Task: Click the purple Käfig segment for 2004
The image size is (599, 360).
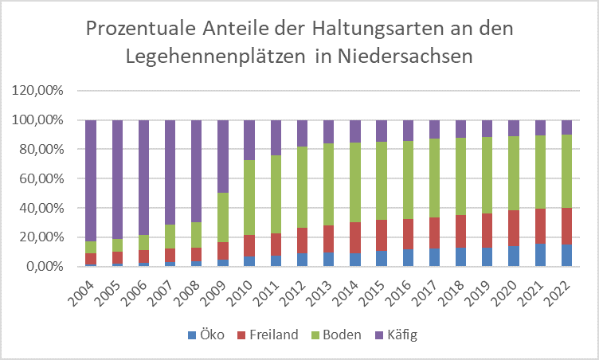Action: (91, 180)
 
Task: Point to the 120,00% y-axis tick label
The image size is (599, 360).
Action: (37, 91)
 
